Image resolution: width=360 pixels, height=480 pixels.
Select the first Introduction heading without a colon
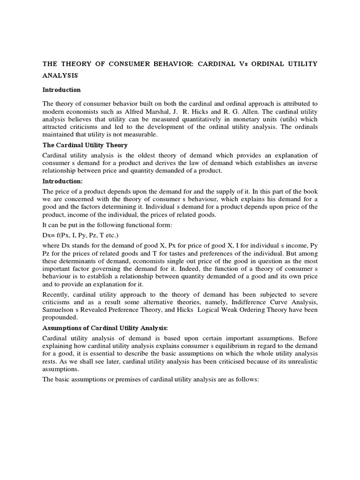62,90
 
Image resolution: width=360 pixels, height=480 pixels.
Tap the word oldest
150,155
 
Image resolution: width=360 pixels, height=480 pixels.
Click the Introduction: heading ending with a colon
63,181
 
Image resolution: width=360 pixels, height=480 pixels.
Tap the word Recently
57,294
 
